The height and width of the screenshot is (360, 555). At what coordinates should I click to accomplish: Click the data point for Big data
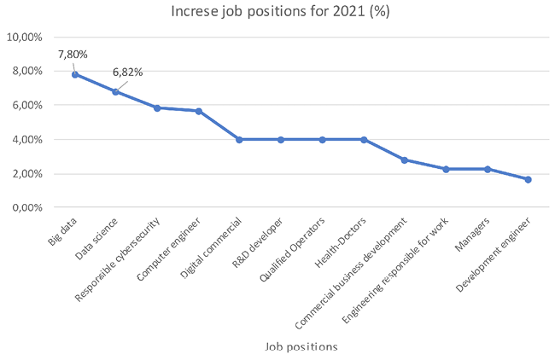[74, 74]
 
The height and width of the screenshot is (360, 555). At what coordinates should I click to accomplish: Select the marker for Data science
[115, 91]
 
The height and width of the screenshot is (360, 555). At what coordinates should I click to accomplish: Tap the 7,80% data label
[73, 55]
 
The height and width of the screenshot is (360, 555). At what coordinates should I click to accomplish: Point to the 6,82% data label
[126, 73]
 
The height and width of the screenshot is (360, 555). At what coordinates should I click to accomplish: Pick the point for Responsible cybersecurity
[157, 107]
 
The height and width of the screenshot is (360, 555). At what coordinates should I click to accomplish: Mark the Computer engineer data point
[198, 111]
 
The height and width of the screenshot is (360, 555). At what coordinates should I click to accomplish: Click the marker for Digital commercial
[239, 139]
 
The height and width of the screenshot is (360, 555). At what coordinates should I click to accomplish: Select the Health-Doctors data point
[364, 139]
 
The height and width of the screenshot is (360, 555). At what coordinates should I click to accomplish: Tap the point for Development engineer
[528, 179]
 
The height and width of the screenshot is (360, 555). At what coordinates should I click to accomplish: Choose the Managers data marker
[487, 169]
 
